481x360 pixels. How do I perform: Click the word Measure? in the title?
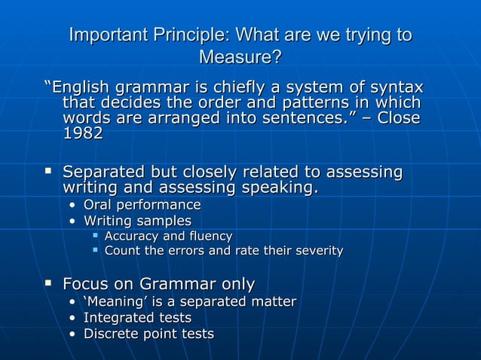pyautogui.click(x=240, y=57)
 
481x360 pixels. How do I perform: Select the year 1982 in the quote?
pyautogui.click(x=83, y=134)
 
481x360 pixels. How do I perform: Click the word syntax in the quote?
pyautogui.click(x=394, y=87)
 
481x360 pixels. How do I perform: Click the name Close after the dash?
pyautogui.click(x=399, y=118)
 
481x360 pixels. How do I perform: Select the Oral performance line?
pyautogui.click(x=142, y=205)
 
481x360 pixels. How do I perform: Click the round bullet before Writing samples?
pyautogui.click(x=72, y=221)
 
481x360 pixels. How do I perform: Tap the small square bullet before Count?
pyautogui.click(x=95, y=250)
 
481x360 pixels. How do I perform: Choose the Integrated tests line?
pyautogui.click(x=137, y=318)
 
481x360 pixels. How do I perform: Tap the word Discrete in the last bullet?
pyautogui.click(x=112, y=334)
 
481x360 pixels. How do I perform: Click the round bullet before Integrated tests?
pyautogui.click(x=72, y=318)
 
